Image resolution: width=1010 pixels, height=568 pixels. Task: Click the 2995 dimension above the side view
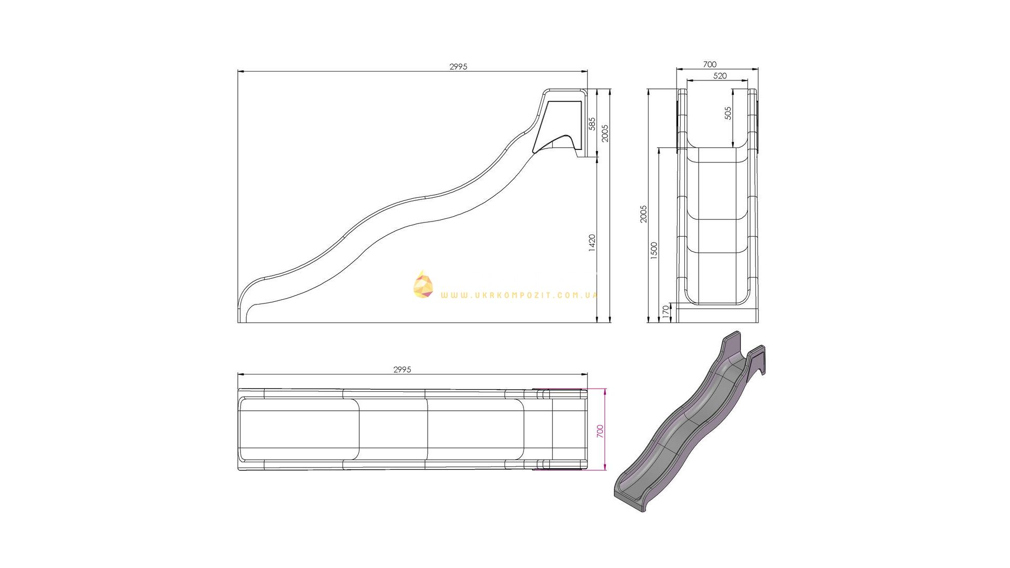458,67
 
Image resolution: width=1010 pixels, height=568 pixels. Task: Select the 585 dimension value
592,124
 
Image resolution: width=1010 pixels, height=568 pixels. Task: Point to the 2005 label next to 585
605,133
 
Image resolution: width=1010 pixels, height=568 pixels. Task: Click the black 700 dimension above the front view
710,65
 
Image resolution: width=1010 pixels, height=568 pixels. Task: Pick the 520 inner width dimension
720,76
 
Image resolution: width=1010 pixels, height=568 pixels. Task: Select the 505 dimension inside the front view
729,113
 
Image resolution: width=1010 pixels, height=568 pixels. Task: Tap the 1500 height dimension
654,250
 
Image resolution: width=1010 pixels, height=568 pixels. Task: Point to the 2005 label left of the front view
643,214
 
